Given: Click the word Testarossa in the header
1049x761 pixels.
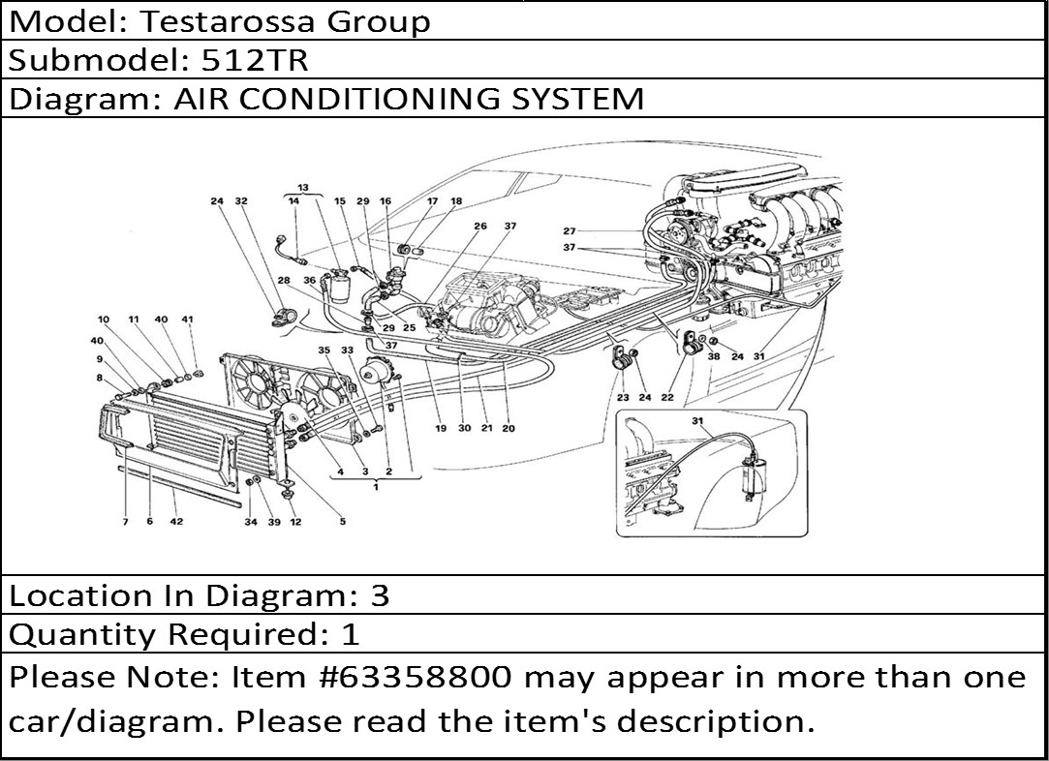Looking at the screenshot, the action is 227,21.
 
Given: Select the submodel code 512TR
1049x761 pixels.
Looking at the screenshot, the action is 254,60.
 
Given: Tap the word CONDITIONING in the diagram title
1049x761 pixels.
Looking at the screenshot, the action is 369,99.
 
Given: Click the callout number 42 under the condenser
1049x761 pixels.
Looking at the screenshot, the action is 176,521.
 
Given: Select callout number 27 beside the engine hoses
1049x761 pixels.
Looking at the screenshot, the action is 570,230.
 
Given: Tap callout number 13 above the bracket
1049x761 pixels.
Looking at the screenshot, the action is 303,187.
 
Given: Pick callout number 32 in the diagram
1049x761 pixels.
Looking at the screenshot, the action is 241,200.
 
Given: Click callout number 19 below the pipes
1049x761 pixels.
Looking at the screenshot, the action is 440,428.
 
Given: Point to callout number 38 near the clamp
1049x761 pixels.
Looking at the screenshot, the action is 714,356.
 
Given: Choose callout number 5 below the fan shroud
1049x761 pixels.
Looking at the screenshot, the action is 343,521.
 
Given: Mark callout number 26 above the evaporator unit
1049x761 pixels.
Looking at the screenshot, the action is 480,226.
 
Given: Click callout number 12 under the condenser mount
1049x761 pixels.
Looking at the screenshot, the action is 295,522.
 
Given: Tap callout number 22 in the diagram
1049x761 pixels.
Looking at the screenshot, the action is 667,397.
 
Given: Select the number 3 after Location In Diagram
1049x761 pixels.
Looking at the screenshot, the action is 380,595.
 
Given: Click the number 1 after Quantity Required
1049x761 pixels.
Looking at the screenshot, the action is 352,634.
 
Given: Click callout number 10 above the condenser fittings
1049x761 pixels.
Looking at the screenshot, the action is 103,320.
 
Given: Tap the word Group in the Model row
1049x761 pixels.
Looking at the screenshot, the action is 378,22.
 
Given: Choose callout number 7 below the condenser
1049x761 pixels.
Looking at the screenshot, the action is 125,522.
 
